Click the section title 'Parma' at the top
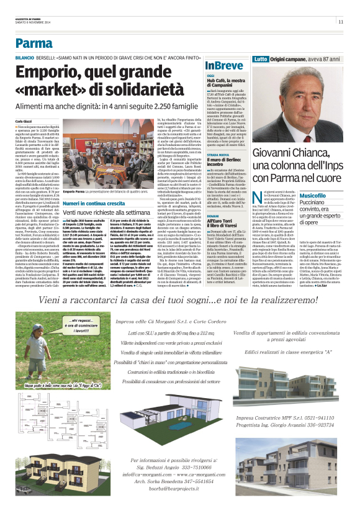point(34,43)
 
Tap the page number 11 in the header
point(341,22)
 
